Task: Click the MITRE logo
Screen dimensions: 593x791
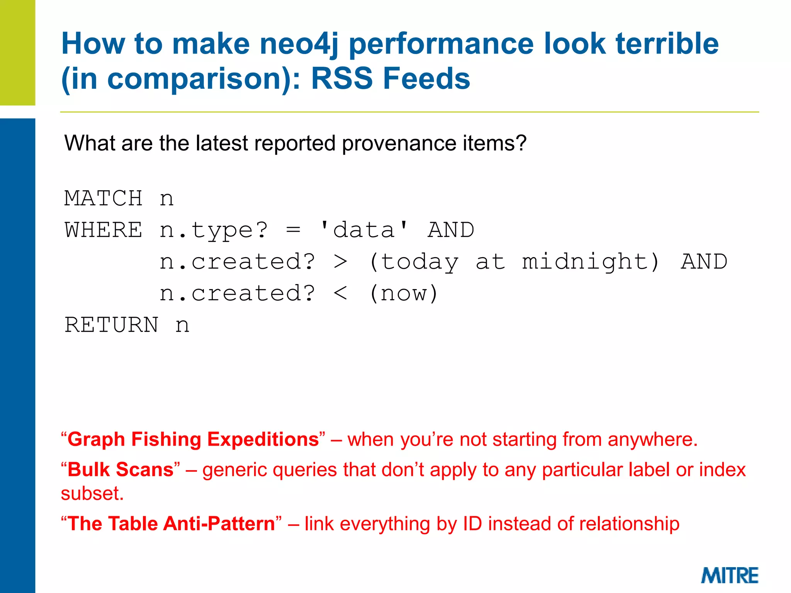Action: [x=729, y=575]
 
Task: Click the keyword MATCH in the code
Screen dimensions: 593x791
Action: [x=103, y=198]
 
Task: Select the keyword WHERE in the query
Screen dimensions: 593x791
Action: [x=103, y=230]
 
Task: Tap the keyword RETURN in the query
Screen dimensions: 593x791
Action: [x=111, y=325]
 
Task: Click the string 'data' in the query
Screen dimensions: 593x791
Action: [x=364, y=230]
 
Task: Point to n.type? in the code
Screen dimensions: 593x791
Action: [x=213, y=230]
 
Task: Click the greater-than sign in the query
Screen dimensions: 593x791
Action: [x=340, y=262]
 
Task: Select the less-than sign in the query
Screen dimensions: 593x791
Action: [x=340, y=293]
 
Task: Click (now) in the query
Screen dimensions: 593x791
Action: [x=404, y=293]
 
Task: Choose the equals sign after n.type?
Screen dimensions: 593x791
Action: [x=293, y=230]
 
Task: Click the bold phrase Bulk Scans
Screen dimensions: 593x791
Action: [x=121, y=470]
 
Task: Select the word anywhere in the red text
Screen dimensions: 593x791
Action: [x=652, y=439]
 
